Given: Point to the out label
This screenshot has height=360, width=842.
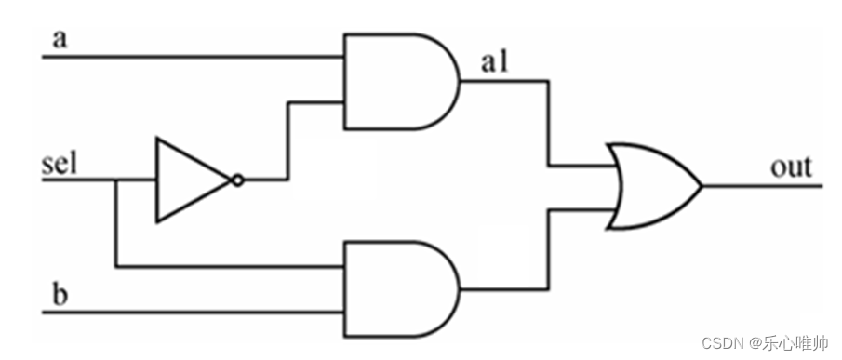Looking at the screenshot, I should pos(791,167).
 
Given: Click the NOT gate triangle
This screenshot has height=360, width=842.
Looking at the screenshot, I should pos(186,180).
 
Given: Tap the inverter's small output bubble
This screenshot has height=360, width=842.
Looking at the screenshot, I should pos(238,180).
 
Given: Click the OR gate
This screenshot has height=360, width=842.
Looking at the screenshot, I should pos(651,186).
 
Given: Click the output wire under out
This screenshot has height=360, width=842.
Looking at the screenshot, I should pos(763,186).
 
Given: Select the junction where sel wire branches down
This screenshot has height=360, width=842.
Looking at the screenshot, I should pos(114,180).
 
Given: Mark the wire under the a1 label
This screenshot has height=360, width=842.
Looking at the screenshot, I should pos(502,81).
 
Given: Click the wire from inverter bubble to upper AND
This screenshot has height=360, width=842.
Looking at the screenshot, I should pos(288,140).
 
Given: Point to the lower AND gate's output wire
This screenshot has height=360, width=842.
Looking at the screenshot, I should pos(502,289).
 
